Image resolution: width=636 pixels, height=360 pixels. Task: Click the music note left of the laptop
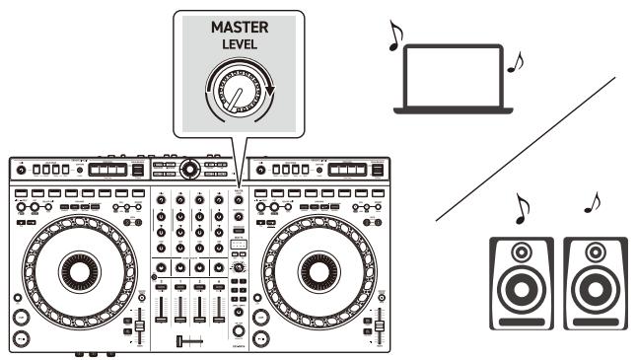[396, 36]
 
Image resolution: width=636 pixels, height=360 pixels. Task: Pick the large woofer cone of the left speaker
[523, 295]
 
